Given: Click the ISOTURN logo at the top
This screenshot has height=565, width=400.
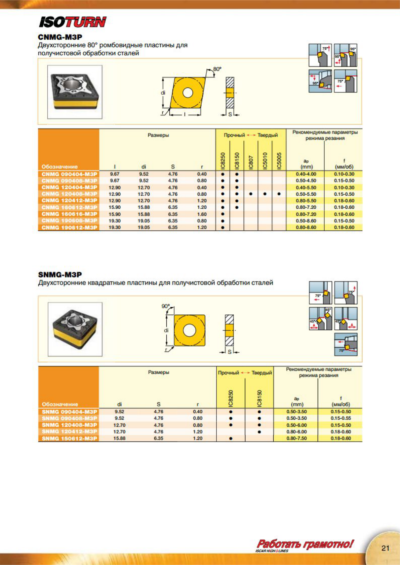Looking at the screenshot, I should pos(73,22).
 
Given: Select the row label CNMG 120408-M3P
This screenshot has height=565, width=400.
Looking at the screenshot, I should pos(69,194).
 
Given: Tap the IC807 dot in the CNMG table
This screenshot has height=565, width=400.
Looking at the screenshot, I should pos(251,194).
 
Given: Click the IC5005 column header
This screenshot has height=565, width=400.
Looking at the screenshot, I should pos(279,161).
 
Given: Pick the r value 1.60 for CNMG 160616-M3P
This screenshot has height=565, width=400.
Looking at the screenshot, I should pos(202,214).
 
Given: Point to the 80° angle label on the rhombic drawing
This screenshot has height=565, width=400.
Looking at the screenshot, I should pos(217,69).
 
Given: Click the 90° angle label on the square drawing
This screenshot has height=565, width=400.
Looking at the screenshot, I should pos(166,306).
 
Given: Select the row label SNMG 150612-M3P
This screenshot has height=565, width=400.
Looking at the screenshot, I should pos(69,439).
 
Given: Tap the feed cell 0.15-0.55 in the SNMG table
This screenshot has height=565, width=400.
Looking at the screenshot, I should pos(341,418).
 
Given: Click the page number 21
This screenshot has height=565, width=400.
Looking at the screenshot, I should pos(385,548).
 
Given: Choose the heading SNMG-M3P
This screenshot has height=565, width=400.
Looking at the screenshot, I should pos(60,274).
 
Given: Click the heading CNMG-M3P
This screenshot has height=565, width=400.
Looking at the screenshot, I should pos(60,37).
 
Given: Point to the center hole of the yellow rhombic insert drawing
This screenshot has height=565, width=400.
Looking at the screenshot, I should pos(188,93).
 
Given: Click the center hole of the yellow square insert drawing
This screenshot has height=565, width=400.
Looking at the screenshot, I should pos(189,330).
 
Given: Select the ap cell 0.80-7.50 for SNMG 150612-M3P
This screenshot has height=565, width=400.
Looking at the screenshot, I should pos(296,439).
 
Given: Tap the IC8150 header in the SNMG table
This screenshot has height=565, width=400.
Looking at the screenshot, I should pos(259,398).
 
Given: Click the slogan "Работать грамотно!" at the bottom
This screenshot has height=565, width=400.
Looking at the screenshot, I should pos(305,544).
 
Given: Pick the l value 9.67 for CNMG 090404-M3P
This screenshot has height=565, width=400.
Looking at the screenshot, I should pos(115,174).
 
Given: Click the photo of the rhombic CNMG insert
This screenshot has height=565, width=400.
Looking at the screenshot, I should pos(75,92).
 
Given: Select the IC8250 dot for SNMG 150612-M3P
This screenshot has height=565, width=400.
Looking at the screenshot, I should pos(231,439).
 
